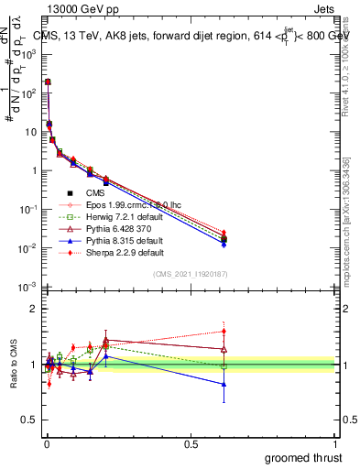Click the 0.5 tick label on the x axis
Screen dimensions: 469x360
[191, 442]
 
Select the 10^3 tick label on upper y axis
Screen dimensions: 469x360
[28, 54]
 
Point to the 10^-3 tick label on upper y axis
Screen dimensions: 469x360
[27, 288]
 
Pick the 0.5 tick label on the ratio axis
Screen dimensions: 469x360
[29, 421]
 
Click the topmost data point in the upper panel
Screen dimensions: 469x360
[48, 82]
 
